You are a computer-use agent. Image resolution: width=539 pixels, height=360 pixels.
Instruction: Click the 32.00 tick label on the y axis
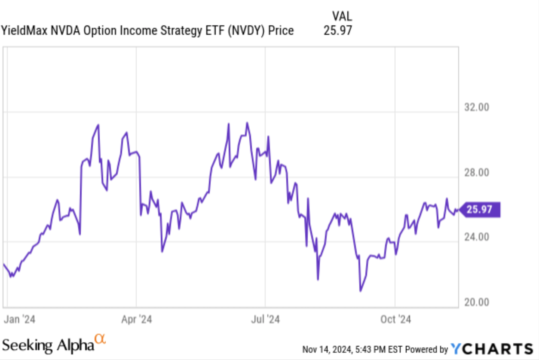pyautogui.click(x=477, y=107)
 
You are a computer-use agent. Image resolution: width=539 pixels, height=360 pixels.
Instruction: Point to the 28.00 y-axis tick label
pyautogui.click(x=477, y=173)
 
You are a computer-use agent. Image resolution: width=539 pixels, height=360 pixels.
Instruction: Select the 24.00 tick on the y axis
pyautogui.click(x=477, y=237)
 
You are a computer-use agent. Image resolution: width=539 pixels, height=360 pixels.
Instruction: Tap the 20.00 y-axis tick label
pyautogui.click(x=477, y=302)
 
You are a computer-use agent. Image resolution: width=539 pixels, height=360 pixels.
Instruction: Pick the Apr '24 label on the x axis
pyautogui.click(x=137, y=320)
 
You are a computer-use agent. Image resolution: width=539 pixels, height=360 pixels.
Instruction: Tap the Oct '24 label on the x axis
pyautogui.click(x=395, y=320)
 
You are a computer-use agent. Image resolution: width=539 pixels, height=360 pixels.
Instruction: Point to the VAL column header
pyautogui.click(x=342, y=16)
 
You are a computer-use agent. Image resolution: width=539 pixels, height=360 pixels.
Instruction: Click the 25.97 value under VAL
pyautogui.click(x=337, y=31)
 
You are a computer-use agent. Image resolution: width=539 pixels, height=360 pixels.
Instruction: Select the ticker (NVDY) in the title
pyautogui.click(x=242, y=31)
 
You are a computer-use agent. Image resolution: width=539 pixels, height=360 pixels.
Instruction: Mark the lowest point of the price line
pyautogui.click(x=360, y=291)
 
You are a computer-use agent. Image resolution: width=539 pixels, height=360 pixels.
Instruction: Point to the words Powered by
pyautogui.click(x=426, y=349)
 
